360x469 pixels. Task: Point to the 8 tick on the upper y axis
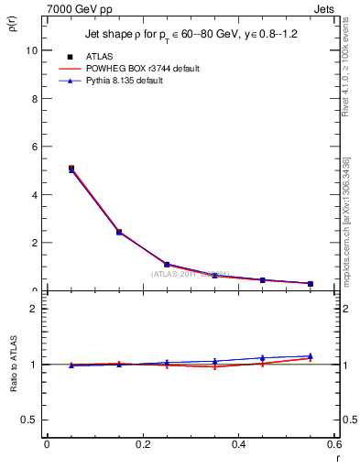(x=34, y=99)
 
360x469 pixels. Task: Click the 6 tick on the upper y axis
(x=34, y=147)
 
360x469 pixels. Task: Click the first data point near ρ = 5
(x=71, y=169)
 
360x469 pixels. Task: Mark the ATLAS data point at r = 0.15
(x=119, y=232)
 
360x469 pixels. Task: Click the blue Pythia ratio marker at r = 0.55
(x=311, y=355)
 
